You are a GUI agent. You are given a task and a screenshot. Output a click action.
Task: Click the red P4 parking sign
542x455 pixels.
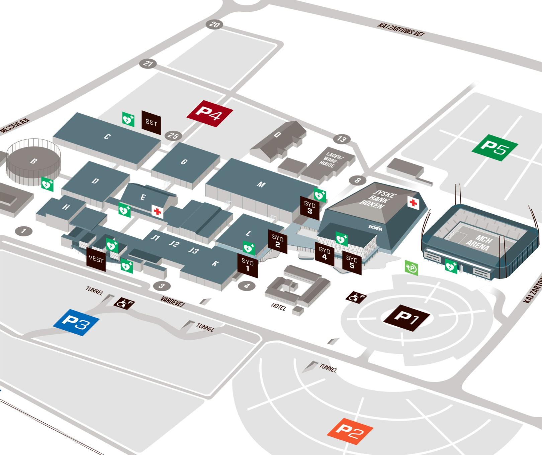(209, 114)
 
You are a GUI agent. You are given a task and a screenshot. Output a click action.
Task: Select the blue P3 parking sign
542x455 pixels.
(76, 322)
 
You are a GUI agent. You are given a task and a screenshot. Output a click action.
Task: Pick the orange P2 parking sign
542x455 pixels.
(350, 431)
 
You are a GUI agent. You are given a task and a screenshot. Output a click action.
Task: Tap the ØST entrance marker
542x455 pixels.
(151, 122)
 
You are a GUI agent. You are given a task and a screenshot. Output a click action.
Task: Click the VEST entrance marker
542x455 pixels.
(96, 259)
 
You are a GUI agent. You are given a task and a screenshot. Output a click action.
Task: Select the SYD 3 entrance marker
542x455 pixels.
(309, 207)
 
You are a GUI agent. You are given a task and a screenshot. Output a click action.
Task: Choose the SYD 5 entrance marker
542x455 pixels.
(352, 262)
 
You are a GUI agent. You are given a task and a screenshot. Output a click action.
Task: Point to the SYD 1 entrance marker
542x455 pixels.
(248, 265)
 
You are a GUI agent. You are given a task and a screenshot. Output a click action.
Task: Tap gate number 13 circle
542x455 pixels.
(341, 139)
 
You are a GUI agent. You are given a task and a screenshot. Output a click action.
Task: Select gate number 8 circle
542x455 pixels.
(358, 181)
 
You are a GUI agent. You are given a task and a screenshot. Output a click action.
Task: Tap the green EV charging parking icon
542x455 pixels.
(412, 268)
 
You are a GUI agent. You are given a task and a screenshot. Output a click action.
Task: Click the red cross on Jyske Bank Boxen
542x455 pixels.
(414, 202)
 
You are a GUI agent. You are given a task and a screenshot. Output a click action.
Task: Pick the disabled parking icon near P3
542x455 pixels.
(124, 303)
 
